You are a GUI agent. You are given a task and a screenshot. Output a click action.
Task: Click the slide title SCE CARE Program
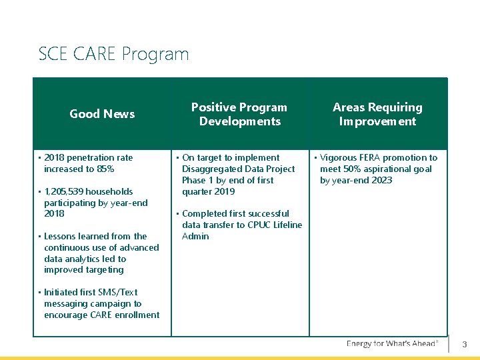pos(113,53)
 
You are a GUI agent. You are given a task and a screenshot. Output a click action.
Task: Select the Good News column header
pos(102,114)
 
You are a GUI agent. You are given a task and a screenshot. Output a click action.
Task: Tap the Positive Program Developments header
pos(239,114)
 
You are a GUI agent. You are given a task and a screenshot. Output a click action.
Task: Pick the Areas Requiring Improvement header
pos(377,114)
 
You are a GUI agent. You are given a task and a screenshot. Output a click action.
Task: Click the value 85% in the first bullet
pos(105,169)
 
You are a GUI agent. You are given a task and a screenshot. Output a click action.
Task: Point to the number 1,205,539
pos(70,191)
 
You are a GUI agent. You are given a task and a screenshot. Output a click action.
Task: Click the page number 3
pos(465,345)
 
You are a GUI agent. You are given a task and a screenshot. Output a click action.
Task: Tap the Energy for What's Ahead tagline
pos(392,343)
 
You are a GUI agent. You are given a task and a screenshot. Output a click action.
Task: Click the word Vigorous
pos(339,158)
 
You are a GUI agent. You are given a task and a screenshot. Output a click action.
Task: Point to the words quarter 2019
pos(208,192)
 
